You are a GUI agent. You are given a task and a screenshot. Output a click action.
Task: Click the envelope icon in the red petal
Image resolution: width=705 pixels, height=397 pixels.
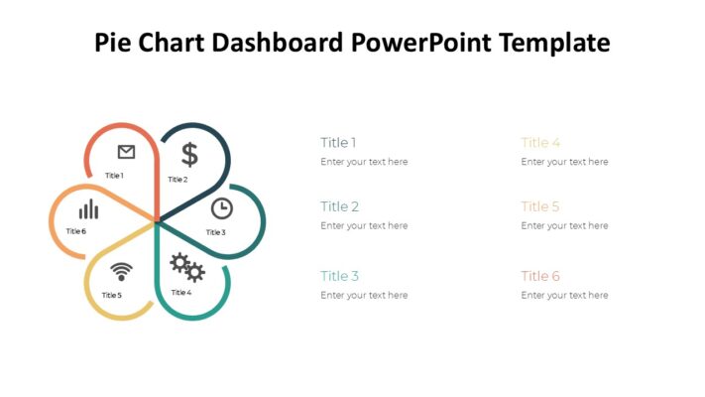point(126,152)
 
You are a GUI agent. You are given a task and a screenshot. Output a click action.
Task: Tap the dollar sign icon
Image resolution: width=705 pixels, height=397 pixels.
point(189,154)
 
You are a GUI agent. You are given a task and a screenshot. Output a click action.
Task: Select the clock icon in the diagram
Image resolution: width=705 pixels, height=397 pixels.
point(222,208)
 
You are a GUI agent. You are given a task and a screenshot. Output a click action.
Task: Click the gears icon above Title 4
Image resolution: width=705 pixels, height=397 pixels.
point(186,266)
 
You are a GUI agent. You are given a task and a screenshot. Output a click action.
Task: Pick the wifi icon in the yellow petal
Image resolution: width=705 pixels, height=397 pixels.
point(121,271)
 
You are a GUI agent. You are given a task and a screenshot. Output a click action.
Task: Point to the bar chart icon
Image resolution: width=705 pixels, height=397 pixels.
point(88,209)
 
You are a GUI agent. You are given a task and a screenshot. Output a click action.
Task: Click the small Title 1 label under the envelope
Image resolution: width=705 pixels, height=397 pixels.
point(114,176)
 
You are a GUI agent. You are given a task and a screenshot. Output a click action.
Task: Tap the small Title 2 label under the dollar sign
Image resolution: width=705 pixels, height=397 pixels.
point(177,180)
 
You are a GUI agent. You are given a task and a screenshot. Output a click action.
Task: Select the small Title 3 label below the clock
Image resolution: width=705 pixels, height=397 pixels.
point(215,232)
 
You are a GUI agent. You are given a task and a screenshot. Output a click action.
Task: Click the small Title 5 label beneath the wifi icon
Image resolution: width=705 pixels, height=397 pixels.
point(111,295)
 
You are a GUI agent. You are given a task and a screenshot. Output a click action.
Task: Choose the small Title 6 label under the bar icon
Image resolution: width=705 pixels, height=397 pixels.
point(76,231)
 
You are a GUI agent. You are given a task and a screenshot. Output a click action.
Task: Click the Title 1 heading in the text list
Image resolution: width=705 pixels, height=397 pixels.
point(338,143)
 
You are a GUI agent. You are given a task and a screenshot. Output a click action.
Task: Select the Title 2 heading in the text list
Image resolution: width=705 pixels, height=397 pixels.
point(339,206)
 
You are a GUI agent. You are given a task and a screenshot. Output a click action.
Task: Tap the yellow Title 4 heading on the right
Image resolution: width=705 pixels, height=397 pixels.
point(540,143)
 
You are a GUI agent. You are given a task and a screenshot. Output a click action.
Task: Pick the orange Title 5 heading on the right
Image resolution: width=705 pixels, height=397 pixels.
point(540,206)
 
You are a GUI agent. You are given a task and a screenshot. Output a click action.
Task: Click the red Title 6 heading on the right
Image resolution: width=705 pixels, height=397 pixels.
point(540,276)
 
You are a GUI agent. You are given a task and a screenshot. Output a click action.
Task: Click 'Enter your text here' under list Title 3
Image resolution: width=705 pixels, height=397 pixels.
point(364,295)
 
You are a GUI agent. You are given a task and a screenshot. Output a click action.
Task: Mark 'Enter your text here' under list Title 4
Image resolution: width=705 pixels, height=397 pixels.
point(564,162)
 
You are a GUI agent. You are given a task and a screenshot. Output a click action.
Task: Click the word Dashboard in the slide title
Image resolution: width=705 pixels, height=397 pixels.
point(282,43)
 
